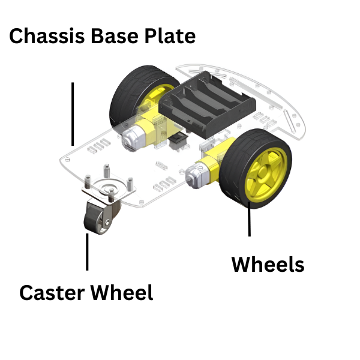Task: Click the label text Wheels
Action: tap(268, 264)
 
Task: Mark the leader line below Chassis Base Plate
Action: tap(73, 114)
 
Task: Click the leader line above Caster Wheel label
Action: tap(88, 252)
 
